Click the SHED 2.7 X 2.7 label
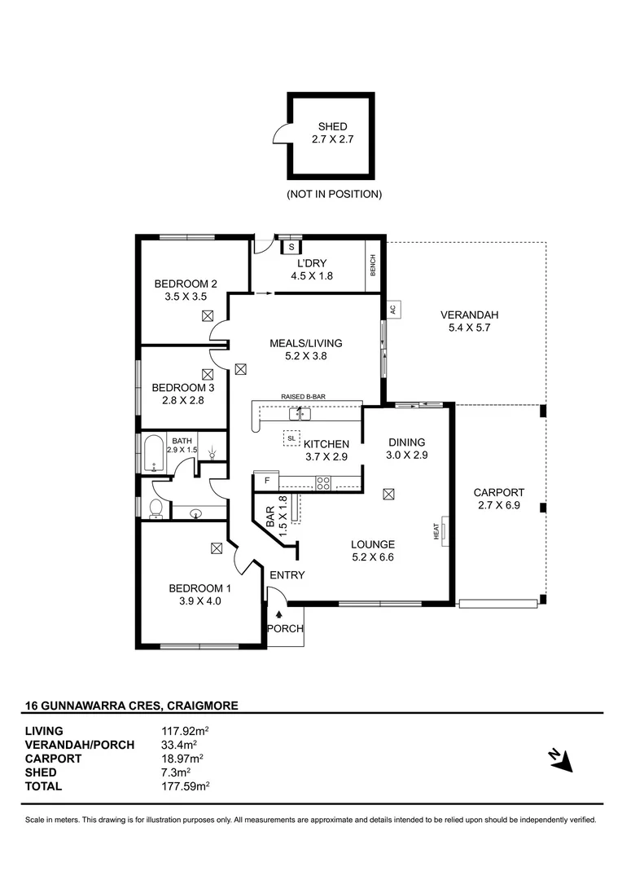333,133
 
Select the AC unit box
393,310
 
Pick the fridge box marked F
267,481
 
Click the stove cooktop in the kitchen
323,482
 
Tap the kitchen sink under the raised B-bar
300,414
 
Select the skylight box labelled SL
291,438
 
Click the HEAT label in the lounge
436,531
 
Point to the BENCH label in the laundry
373,265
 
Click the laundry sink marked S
291,246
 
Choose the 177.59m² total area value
185,786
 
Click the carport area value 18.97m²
182,759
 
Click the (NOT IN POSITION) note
335,194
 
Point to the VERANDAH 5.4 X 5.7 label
470,322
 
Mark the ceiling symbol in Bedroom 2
208,316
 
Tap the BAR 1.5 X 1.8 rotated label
276,516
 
